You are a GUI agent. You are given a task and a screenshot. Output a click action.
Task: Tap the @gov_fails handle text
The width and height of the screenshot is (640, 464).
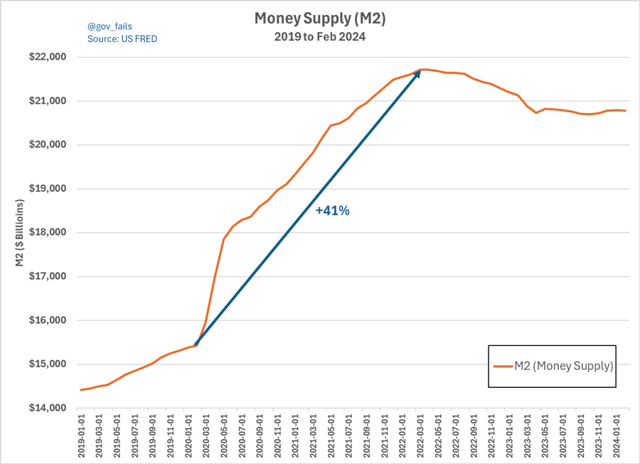110,26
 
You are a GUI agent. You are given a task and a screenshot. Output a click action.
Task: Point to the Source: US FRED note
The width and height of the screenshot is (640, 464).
122,39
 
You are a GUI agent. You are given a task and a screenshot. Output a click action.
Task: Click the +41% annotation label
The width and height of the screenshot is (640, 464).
333,210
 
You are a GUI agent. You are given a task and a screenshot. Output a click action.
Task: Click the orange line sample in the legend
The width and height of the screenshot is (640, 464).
503,367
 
